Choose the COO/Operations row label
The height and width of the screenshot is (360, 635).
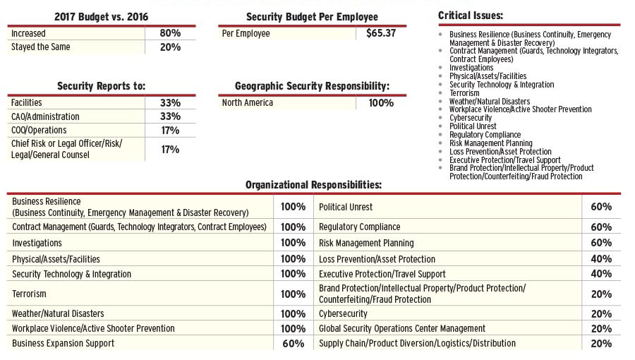(39, 131)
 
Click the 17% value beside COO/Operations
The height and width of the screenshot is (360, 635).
(170, 131)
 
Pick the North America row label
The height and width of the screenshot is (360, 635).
(247, 103)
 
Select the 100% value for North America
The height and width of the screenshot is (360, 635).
(381, 103)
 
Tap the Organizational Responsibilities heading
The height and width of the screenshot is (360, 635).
(313, 185)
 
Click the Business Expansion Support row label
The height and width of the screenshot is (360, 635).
(63, 344)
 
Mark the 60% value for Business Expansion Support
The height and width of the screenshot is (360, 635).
(293, 344)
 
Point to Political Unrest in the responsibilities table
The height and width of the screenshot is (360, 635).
(346, 208)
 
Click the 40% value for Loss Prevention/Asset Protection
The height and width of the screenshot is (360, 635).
(600, 259)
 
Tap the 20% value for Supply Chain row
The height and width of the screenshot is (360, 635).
(600, 344)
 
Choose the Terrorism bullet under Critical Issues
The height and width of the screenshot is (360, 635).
(464, 93)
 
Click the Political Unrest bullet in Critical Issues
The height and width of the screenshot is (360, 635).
(473, 126)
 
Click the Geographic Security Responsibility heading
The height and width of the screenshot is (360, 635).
(312, 86)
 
